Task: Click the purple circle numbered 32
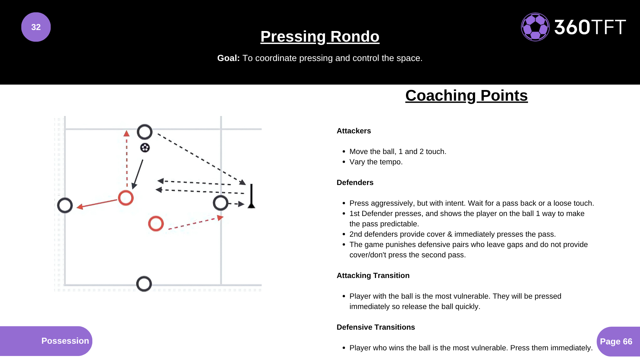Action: point(36,27)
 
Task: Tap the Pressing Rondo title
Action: point(320,36)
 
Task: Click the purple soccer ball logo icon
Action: point(535,27)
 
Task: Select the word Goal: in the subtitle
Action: point(228,58)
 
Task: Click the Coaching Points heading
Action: point(466,96)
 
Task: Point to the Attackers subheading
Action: point(354,131)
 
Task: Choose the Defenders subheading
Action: point(355,183)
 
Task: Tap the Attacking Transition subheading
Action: point(373,276)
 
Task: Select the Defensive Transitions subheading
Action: point(376,327)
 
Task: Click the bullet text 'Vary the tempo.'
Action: point(376,162)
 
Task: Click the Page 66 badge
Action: point(618,342)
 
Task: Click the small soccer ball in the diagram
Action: point(145,148)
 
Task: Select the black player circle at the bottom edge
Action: point(144,276)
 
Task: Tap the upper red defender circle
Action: point(126,191)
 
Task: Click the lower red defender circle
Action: point(156,216)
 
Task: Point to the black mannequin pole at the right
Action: point(251,196)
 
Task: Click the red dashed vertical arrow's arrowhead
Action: point(126,133)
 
